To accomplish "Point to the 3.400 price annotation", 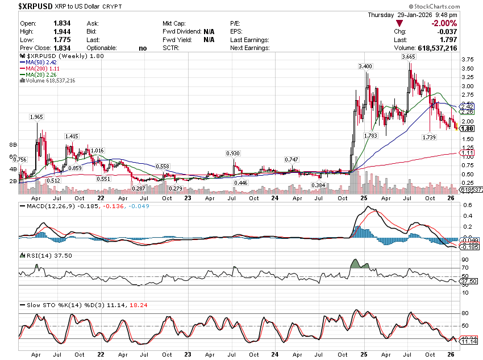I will (x=365, y=67).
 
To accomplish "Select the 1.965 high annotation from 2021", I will (x=36, y=117).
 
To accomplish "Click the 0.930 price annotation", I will (x=233, y=154).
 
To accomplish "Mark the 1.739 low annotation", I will (x=429, y=138).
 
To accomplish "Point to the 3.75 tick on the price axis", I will (x=468, y=59).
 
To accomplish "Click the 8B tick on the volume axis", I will (x=13, y=145).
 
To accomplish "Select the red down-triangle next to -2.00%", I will (x=400, y=23).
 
